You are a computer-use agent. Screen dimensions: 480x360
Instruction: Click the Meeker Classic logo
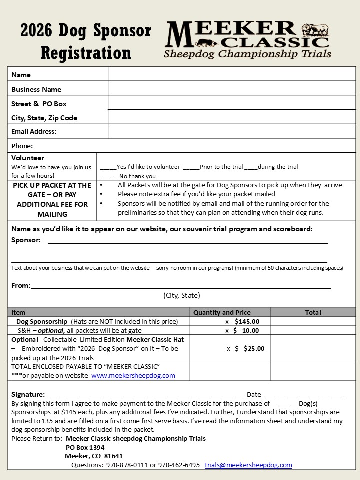click(x=247, y=40)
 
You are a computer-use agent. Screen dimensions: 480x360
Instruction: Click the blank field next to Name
click(x=232, y=74)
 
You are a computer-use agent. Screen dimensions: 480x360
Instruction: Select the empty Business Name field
click(x=232, y=89)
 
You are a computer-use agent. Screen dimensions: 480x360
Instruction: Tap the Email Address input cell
click(x=232, y=131)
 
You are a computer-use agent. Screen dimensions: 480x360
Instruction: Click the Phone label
click(x=22, y=146)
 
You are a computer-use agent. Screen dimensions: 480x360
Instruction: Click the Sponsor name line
click(x=187, y=241)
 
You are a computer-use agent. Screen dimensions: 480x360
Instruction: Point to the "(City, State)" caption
click(x=182, y=295)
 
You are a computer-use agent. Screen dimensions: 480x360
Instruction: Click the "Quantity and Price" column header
click(x=222, y=312)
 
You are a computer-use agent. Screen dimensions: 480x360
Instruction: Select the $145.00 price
click(x=247, y=321)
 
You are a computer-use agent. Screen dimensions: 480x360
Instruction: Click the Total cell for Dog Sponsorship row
click(x=313, y=321)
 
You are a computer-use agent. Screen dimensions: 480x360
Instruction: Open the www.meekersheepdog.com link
click(x=133, y=376)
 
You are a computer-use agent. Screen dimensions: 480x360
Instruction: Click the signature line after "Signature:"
click(x=147, y=395)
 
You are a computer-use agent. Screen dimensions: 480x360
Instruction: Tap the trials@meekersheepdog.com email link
click(x=248, y=465)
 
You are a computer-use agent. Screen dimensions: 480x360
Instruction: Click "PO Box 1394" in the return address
click(x=85, y=447)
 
